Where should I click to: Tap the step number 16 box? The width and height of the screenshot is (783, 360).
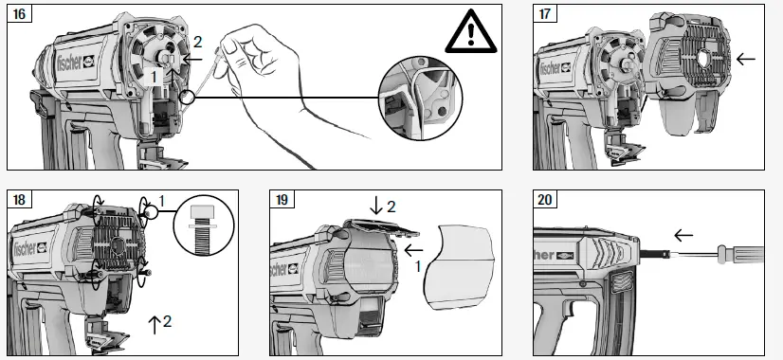click(x=19, y=13)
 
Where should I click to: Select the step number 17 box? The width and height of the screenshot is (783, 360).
click(x=545, y=13)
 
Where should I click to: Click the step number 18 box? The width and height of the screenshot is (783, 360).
click(x=19, y=200)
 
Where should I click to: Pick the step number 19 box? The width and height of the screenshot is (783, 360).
click(x=282, y=200)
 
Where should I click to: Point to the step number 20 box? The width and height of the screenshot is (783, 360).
click(x=545, y=200)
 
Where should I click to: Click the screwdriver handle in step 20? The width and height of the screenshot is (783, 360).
click(x=740, y=254)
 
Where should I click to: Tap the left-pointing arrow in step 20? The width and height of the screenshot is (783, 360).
click(x=683, y=235)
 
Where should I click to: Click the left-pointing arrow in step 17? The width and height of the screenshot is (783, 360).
click(x=745, y=59)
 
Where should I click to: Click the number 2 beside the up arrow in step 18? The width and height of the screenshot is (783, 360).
click(x=167, y=321)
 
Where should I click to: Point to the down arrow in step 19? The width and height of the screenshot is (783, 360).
click(x=376, y=206)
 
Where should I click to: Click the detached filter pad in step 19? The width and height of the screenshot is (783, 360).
click(x=459, y=267)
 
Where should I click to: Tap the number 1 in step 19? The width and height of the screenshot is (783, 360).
click(x=418, y=267)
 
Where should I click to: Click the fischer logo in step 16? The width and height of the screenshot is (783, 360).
click(x=76, y=63)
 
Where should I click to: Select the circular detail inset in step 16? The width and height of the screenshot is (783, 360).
click(x=421, y=99)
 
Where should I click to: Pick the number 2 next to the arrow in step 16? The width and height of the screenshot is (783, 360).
click(x=198, y=43)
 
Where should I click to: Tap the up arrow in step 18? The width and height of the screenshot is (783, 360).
click(x=154, y=325)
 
